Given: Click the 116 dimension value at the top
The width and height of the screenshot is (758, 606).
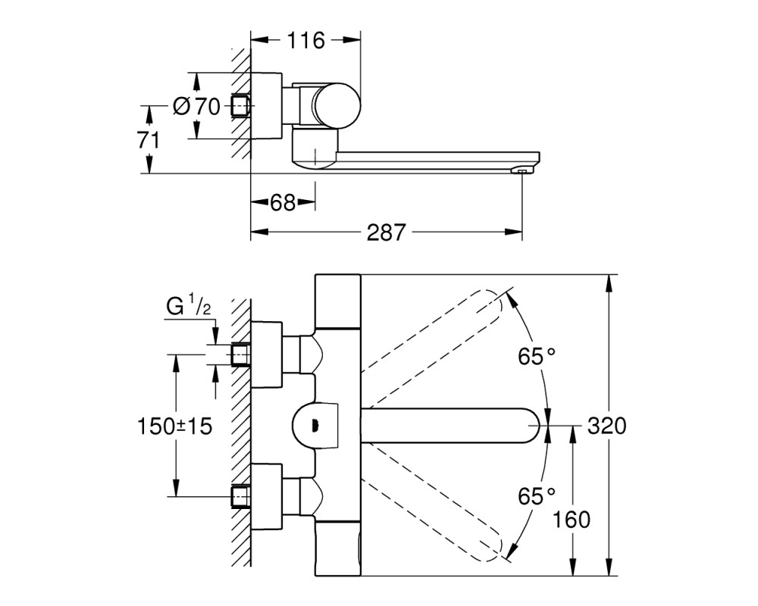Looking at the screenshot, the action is click(306, 41).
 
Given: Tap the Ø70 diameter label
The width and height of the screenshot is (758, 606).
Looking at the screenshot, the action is click(197, 106).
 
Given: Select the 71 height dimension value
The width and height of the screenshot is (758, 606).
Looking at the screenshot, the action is click(149, 141).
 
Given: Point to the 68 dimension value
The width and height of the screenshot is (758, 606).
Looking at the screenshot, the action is click(283, 202).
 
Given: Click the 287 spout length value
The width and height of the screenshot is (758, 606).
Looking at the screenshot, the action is click(386, 233).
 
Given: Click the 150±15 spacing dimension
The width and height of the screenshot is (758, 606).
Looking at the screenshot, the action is click(175, 426).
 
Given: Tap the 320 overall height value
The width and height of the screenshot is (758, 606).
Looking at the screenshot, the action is click(606, 426).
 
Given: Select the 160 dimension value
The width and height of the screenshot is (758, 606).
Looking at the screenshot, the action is click(571, 520).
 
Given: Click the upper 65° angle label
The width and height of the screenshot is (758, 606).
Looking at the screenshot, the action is click(537, 357).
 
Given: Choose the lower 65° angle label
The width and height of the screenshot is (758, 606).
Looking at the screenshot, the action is click(537, 496).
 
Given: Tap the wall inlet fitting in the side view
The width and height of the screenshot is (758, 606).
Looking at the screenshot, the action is click(241, 105).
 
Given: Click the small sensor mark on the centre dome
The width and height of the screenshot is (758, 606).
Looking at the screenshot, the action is click(315, 425).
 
